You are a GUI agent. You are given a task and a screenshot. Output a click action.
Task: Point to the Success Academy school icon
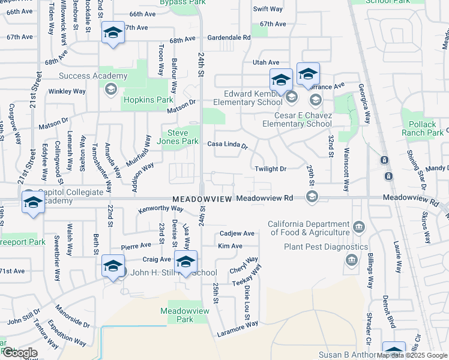(x=110, y=89)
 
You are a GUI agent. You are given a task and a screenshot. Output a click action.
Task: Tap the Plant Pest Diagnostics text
(x=326, y=247)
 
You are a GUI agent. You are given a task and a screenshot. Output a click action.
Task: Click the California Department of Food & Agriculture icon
(x=359, y=226)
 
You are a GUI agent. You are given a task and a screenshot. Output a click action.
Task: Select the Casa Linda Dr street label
(x=228, y=145)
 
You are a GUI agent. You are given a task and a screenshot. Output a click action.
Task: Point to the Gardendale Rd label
(x=229, y=37)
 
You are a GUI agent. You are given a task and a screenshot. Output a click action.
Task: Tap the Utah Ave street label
(x=266, y=62)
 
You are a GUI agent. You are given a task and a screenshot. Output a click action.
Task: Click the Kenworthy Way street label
(x=160, y=209)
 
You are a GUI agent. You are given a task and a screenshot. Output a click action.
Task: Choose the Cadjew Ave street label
(x=237, y=233)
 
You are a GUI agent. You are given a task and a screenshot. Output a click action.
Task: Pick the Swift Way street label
(x=268, y=9)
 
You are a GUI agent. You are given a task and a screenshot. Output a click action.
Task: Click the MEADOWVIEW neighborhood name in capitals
(x=202, y=198)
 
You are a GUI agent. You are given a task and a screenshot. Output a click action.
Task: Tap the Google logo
(x=19, y=353)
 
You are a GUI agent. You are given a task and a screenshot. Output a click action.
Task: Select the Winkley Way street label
(x=67, y=92)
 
